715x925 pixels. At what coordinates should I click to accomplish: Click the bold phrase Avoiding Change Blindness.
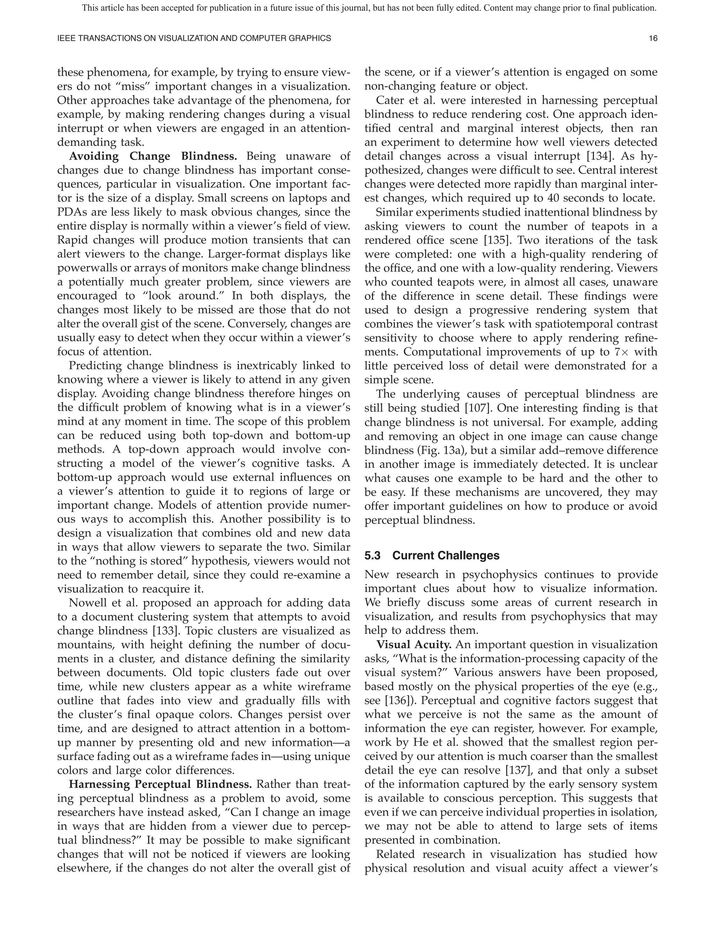[x=153, y=156]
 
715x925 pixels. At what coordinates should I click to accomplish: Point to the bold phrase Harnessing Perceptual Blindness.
[x=160, y=784]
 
